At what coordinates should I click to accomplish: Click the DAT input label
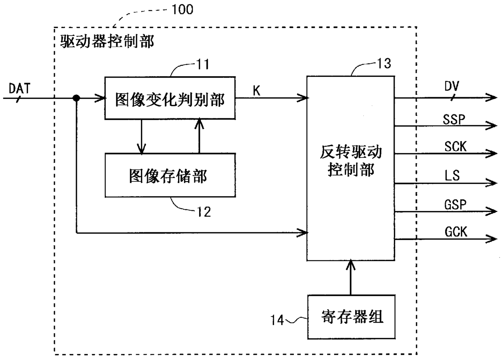pyautogui.click(x=20, y=88)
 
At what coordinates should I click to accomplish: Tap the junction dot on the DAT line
pyautogui.click(x=76, y=98)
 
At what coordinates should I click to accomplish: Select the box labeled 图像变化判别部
pyautogui.click(x=170, y=98)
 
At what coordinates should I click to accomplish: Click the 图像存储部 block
pyautogui.click(x=170, y=175)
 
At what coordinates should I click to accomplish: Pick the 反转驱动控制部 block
pyautogui.click(x=351, y=168)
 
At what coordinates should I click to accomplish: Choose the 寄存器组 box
pyautogui.click(x=352, y=317)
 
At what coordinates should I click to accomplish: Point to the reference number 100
pyautogui.click(x=182, y=9)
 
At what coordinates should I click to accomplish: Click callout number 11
pyautogui.click(x=203, y=64)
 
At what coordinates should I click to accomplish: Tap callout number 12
pyautogui.click(x=204, y=212)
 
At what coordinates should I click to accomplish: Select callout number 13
pyautogui.click(x=384, y=63)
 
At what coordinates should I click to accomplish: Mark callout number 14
pyautogui.click(x=277, y=320)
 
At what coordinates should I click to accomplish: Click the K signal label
pyautogui.click(x=256, y=91)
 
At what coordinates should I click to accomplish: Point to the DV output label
pyautogui.click(x=452, y=86)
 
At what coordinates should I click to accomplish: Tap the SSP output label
pyautogui.click(x=454, y=119)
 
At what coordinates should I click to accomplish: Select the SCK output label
pyautogui.click(x=455, y=146)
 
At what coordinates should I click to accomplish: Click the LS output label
pyautogui.click(x=452, y=176)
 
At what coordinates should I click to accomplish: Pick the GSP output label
pyautogui.click(x=455, y=205)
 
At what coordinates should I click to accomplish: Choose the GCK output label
pyautogui.click(x=456, y=232)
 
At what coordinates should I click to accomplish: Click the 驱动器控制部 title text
pyautogui.click(x=107, y=41)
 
